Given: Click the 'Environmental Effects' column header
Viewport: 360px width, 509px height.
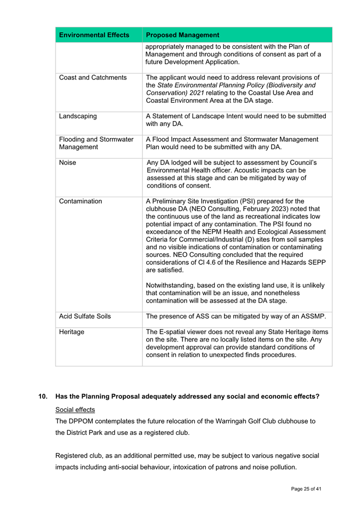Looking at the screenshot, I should (x=94, y=35).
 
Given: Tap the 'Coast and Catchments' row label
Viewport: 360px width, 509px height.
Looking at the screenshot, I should (x=92, y=78).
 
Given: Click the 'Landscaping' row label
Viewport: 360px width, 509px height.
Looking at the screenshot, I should (x=78, y=116).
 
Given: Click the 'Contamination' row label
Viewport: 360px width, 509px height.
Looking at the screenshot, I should (x=81, y=201).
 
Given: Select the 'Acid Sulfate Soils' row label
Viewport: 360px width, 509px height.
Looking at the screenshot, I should (x=85, y=317).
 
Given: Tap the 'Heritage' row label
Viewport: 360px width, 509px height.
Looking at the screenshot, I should (x=72, y=332).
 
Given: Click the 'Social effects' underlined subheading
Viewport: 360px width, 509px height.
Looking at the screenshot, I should (x=76, y=409).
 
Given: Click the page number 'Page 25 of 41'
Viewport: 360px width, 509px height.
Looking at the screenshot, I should (x=306, y=488).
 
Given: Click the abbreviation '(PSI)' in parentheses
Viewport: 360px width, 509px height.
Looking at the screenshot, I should (x=245, y=201).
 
